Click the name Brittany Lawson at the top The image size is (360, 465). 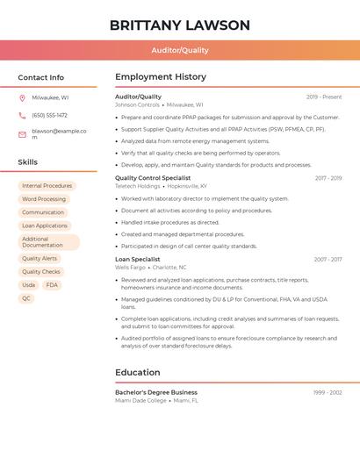click(180, 25)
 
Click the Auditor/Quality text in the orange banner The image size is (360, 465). click(180, 50)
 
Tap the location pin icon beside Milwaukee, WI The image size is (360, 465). click(22, 98)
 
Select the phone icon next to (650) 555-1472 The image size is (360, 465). click(22, 115)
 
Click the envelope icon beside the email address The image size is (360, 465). click(22, 134)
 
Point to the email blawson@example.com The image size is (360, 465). click(59, 134)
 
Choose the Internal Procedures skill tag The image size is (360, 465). click(47, 186)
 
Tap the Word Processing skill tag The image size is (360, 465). click(44, 199)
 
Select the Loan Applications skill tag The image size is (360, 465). click(45, 225)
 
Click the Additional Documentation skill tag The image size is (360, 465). click(48, 242)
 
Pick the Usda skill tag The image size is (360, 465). click(29, 285)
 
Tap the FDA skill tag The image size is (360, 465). click(52, 285)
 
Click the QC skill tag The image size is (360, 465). click(26, 298)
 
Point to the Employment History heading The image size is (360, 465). click(161, 77)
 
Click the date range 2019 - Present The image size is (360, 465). click(324, 97)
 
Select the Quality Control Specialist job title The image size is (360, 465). click(153, 178)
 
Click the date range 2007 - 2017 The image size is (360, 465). click(328, 260)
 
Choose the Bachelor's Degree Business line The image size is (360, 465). click(156, 392)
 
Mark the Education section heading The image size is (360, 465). click(138, 372)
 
